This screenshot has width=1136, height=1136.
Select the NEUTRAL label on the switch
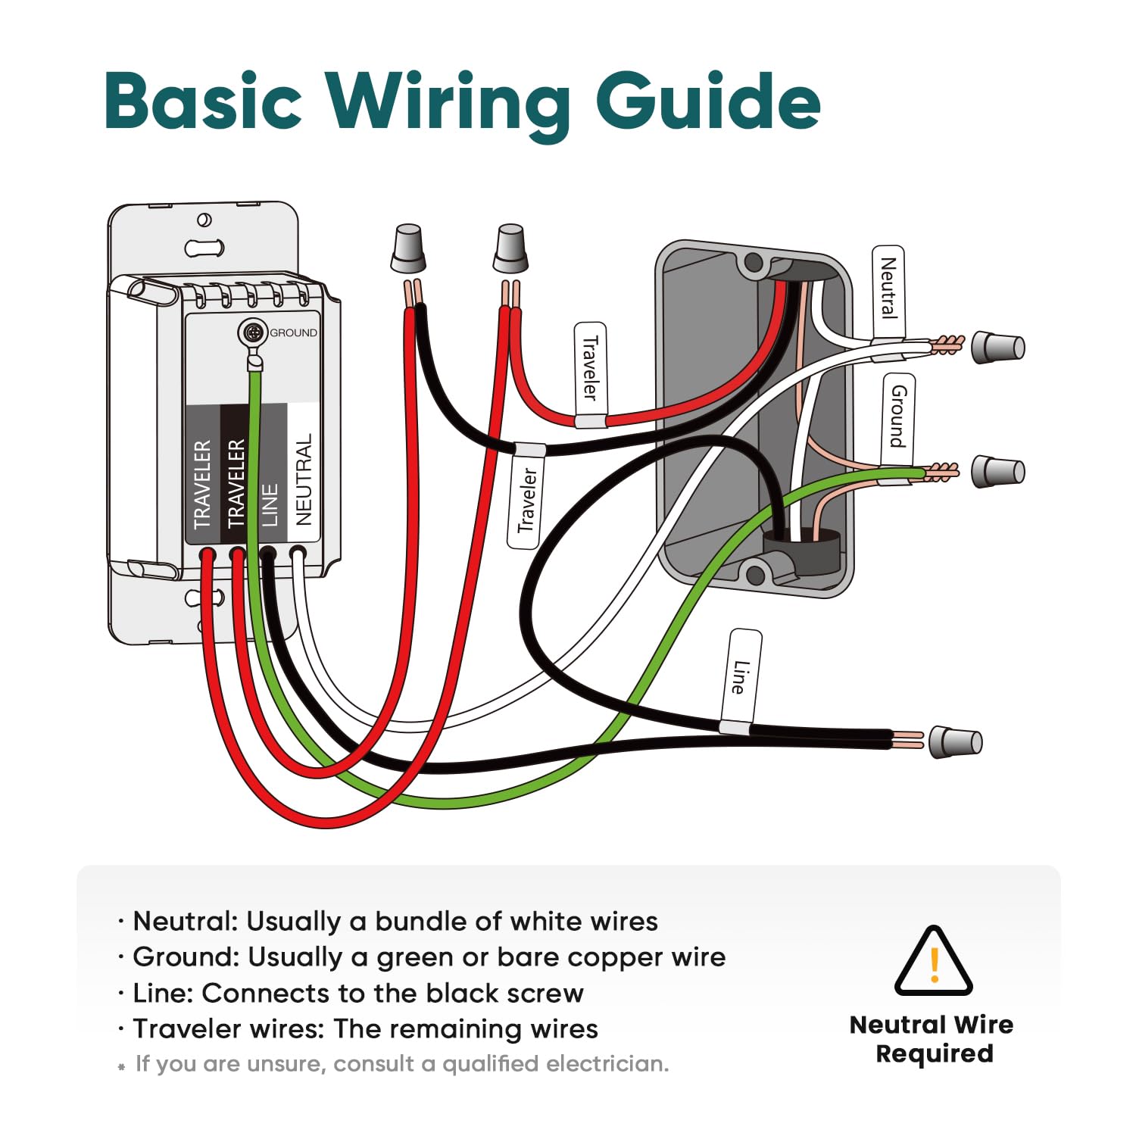click(x=304, y=479)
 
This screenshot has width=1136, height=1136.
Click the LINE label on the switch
click(x=270, y=504)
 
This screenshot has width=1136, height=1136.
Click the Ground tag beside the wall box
click(x=898, y=416)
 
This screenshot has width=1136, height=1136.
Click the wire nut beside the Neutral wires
click(x=997, y=347)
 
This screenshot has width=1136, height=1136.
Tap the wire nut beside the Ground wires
click(x=997, y=472)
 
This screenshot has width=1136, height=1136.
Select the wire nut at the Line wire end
click(x=956, y=741)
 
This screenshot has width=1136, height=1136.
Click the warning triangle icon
click(x=933, y=961)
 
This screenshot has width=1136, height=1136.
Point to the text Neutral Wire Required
click(x=932, y=1038)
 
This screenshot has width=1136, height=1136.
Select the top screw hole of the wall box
click(x=754, y=263)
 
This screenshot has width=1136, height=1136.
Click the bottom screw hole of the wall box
click(x=755, y=573)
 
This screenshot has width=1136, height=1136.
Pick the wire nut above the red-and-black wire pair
click(x=408, y=248)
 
